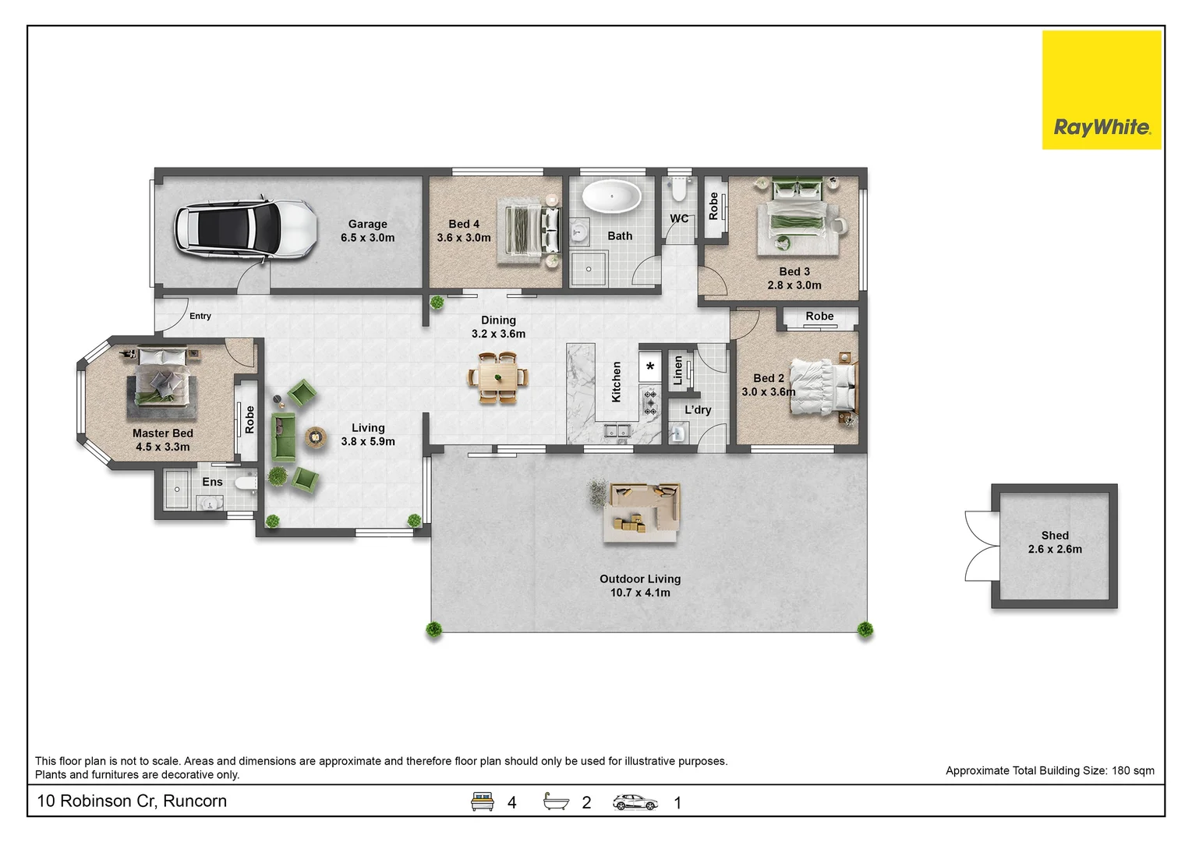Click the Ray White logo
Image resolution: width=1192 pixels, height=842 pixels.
click(1102, 90)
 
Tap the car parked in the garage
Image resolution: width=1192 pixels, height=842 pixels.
click(246, 229)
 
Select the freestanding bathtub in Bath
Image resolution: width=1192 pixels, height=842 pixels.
click(611, 196)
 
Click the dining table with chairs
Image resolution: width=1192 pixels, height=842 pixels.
click(498, 378)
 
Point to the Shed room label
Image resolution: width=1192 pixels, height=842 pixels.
click(1055, 536)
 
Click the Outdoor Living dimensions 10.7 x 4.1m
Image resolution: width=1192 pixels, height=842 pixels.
click(640, 593)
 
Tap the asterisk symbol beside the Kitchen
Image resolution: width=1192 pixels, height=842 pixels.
click(649, 366)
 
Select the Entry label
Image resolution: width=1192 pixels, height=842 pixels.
click(200, 316)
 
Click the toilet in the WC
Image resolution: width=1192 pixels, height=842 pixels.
click(678, 189)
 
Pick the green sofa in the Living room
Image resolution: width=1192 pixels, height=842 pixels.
click(282, 437)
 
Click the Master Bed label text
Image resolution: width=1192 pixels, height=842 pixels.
click(163, 433)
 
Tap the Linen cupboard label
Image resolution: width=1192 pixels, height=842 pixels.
click(677, 370)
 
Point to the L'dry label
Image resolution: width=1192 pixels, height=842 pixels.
click(698, 410)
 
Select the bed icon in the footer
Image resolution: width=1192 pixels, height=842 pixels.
click(482, 801)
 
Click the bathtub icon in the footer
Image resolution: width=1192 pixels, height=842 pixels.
click(556, 801)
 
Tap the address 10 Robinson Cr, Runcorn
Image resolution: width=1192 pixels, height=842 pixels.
click(132, 801)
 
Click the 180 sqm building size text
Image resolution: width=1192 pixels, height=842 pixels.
click(1133, 771)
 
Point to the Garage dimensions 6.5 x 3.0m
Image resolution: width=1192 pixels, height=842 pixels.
click(368, 237)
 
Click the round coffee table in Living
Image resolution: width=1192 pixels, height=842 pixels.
click(316, 437)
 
